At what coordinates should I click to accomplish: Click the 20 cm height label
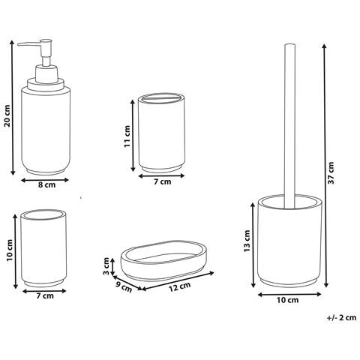point(7,115)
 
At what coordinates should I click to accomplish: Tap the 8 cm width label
point(46,184)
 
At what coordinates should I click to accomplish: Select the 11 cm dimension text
point(127,136)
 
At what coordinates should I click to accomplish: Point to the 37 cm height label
point(331,173)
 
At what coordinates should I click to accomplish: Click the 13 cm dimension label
point(247,241)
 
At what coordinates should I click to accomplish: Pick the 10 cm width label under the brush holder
point(287,300)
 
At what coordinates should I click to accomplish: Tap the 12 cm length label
point(179,286)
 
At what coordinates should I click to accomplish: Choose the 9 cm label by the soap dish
point(124,287)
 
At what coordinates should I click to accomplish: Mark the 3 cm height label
point(106,266)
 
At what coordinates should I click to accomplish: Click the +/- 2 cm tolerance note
point(341,318)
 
